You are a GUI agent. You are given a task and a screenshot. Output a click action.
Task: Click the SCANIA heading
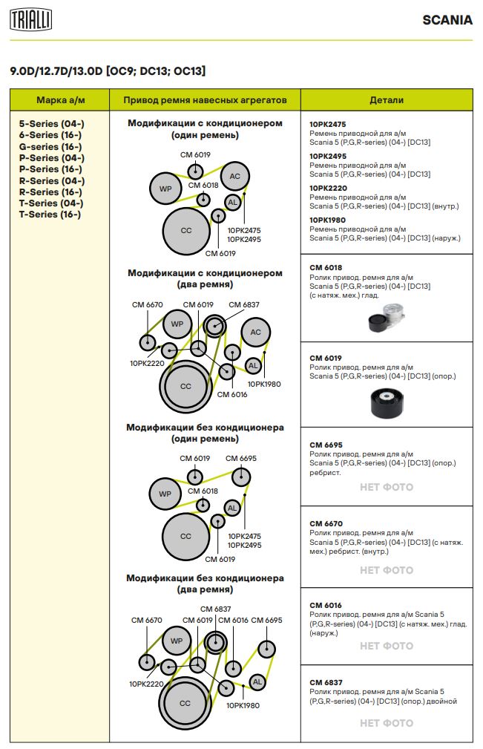[x=447, y=20]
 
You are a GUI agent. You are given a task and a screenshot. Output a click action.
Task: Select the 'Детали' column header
[x=387, y=100]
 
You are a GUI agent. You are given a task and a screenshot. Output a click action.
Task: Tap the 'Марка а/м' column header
[x=60, y=100]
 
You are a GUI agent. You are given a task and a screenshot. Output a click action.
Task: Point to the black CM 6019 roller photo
[x=386, y=403]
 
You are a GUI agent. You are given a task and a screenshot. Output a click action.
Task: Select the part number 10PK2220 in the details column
[x=327, y=188]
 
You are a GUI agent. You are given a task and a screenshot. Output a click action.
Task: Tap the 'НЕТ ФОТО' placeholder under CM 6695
[x=387, y=488]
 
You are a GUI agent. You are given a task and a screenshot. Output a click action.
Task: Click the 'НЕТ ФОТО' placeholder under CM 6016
[x=387, y=646]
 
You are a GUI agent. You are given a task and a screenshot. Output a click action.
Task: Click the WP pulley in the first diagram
[x=165, y=189]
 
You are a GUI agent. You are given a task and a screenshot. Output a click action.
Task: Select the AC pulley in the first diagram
[x=235, y=176]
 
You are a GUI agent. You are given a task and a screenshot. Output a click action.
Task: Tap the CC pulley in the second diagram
[x=185, y=386]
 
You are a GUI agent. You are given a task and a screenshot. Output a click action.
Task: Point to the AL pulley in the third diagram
[x=232, y=508]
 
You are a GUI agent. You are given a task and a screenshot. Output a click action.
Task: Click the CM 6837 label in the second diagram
[x=244, y=305]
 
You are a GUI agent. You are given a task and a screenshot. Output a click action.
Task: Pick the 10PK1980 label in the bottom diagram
[x=243, y=705]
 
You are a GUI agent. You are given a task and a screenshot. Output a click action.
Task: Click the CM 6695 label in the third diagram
[x=241, y=459]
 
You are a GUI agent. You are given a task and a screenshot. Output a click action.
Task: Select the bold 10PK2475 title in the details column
[x=327, y=125]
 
